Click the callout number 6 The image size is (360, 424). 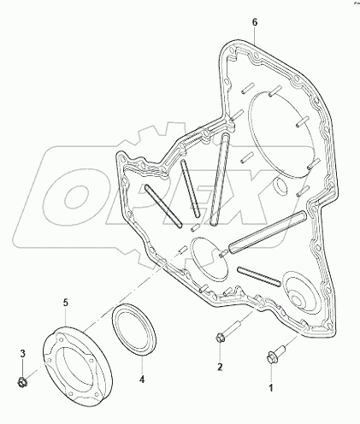click(x=255, y=17)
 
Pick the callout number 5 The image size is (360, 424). click(x=64, y=302)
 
